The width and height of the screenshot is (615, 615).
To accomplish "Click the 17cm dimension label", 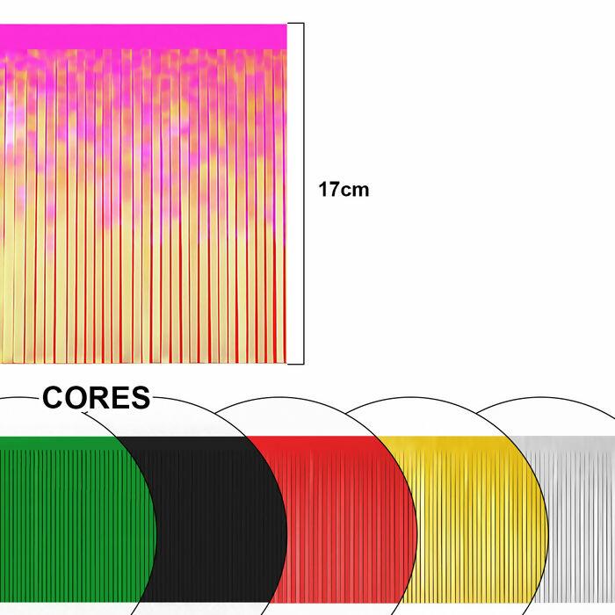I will tap(344, 189).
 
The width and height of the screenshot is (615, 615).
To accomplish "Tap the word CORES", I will tap(97, 399).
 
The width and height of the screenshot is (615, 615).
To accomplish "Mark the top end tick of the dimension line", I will tap(296, 24).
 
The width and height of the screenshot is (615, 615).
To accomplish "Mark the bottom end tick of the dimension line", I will tap(296, 363).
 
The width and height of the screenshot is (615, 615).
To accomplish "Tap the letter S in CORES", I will tap(139, 399).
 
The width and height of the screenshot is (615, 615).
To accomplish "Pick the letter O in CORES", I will tap(76, 399).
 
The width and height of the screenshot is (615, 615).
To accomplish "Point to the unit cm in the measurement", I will tap(355, 190).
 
